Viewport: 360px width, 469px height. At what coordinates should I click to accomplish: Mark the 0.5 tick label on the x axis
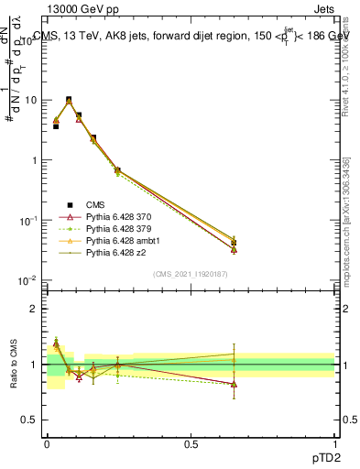[x=191, y=444]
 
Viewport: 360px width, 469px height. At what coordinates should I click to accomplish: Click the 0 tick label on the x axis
[x=48, y=444]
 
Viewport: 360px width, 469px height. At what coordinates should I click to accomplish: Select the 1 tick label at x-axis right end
[x=334, y=444]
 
